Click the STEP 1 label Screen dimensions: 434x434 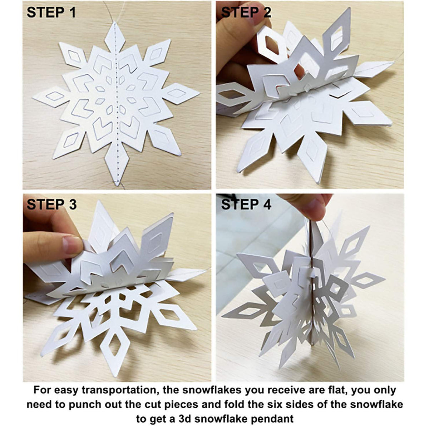coord(51,13)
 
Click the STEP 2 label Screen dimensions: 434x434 coord(246,13)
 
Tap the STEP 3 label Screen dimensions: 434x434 coord(51,204)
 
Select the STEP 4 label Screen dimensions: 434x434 coord(246,204)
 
